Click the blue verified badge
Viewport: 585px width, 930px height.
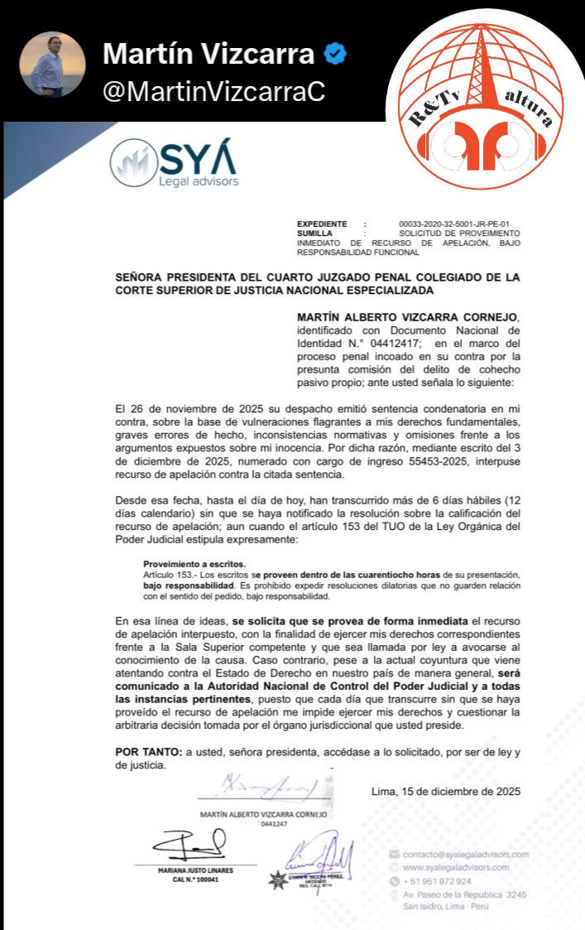click(x=334, y=55)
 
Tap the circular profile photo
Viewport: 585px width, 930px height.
click(x=52, y=65)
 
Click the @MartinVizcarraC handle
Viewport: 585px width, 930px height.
click(x=213, y=92)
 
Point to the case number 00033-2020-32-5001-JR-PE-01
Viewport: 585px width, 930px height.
click(x=453, y=224)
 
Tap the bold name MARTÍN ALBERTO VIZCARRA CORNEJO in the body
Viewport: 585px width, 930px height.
click(x=408, y=317)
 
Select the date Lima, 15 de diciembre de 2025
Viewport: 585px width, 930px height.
click(x=446, y=791)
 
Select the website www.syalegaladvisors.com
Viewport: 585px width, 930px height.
click(x=455, y=867)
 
